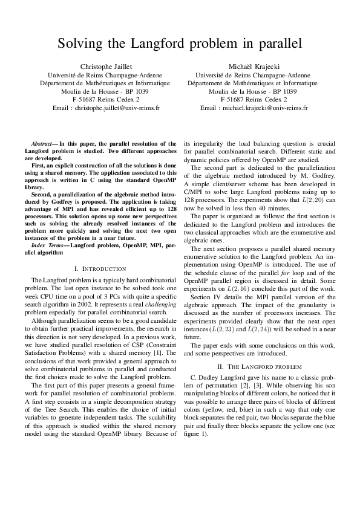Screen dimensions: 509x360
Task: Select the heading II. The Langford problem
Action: [254, 366]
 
